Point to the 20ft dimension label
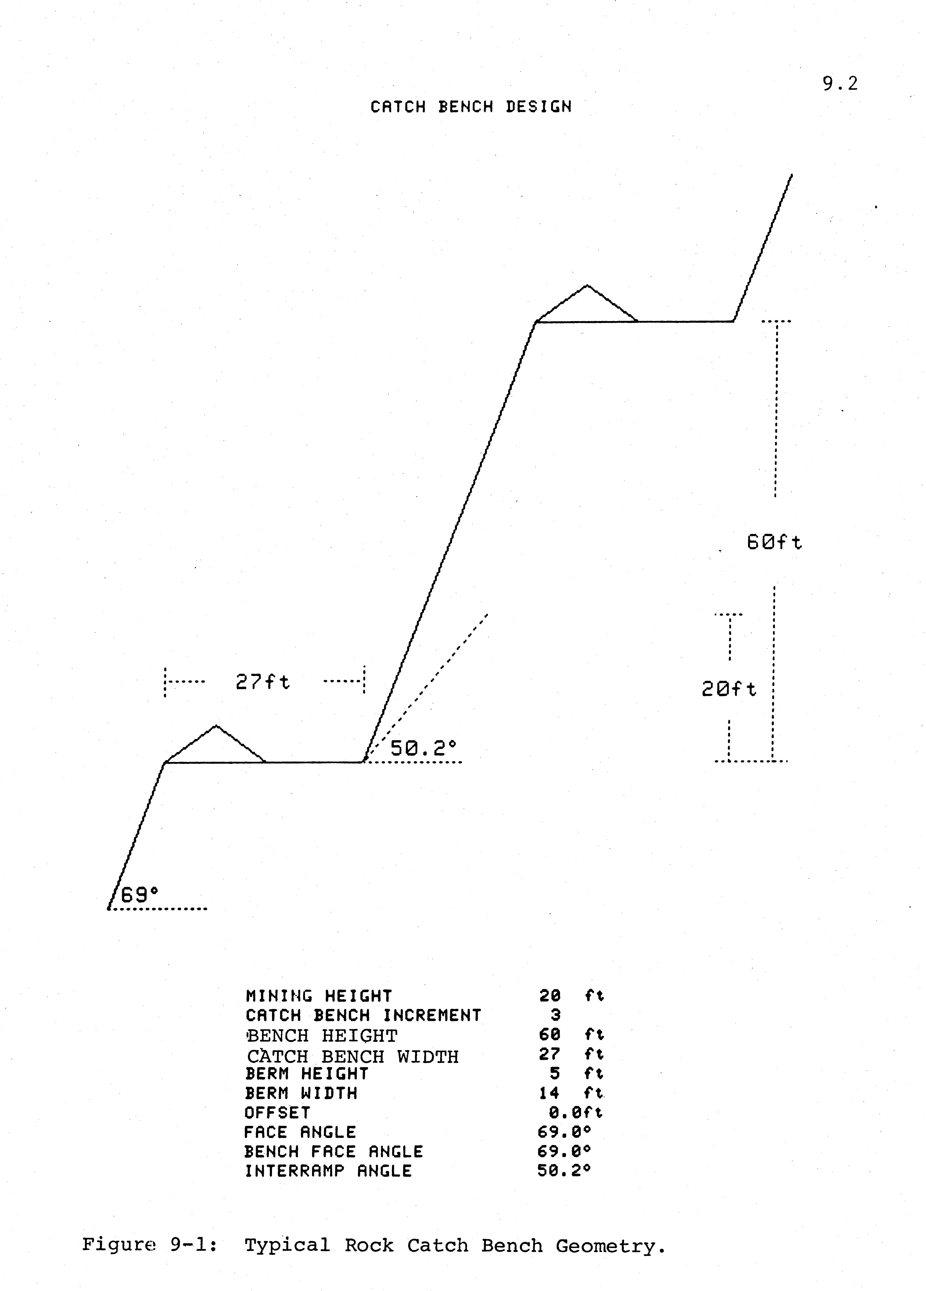[x=729, y=689]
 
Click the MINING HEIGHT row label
[x=319, y=996]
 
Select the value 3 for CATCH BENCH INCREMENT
[x=555, y=1015]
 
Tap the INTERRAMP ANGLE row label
[x=328, y=1171]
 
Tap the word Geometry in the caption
[x=610, y=1246]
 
